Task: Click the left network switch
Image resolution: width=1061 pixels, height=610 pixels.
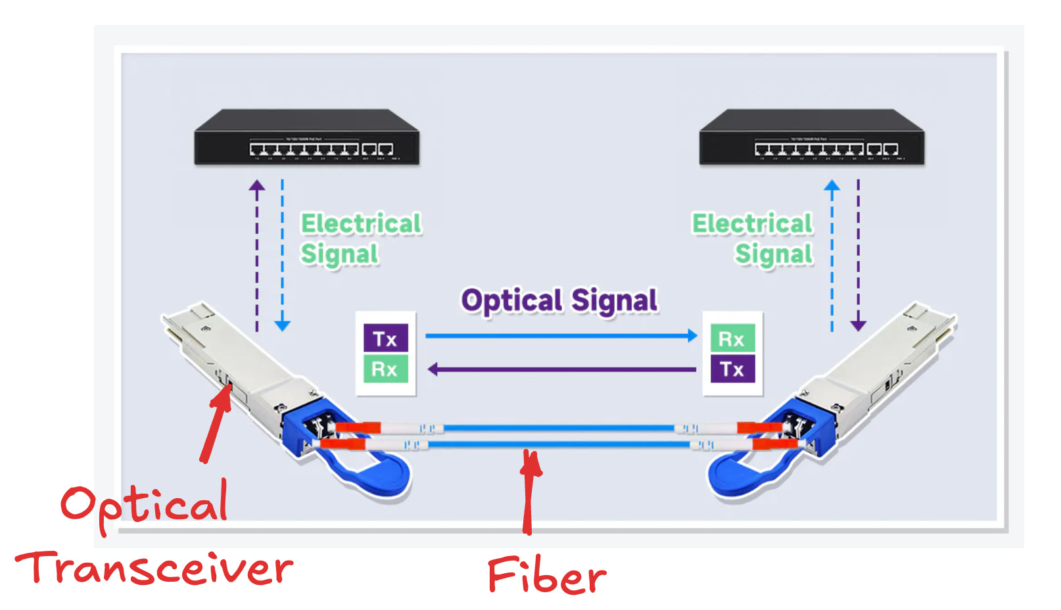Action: pos(306,138)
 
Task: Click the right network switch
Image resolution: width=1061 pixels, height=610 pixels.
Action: pos(812,138)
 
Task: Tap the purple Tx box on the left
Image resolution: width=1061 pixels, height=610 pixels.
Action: pos(386,339)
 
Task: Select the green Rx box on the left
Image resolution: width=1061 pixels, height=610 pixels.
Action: pos(386,369)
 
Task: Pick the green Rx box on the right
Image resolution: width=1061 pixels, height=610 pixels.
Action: pos(732,339)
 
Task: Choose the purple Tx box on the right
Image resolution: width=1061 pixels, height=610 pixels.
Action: pos(732,369)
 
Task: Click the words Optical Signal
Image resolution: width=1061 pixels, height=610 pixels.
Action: pos(559,301)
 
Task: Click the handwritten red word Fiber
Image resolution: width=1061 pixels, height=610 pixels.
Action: pos(546,575)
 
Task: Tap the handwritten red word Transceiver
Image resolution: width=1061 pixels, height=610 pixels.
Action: pos(154,569)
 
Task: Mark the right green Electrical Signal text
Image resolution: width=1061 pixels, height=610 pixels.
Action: pos(753,239)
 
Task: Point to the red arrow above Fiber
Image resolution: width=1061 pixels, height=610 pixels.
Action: pos(528,490)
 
